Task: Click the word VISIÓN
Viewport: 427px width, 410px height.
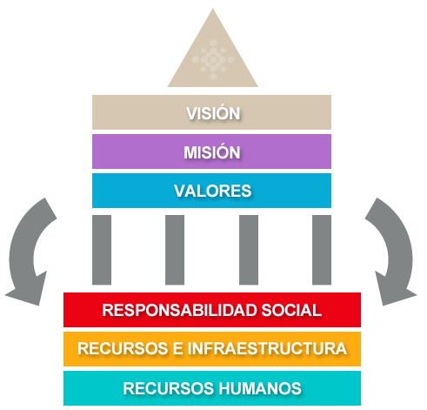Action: [x=213, y=112]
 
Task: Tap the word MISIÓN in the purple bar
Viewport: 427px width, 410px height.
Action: [x=212, y=151]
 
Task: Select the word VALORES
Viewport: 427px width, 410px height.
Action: [x=213, y=191]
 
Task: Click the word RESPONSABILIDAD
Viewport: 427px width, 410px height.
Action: [x=179, y=310]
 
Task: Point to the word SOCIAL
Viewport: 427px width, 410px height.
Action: [x=291, y=310]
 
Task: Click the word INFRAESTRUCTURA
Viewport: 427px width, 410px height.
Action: [x=267, y=348]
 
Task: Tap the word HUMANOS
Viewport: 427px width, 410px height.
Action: [x=260, y=388]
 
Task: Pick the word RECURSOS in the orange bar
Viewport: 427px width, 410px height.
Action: [x=123, y=348]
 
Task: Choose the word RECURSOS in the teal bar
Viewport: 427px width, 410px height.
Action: [x=169, y=388]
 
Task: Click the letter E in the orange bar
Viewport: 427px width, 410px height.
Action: [x=177, y=348]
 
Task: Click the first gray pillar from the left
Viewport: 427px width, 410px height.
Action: [x=102, y=250]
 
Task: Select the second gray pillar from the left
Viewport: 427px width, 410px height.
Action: [x=175, y=250]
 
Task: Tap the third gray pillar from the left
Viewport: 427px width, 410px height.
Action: [x=249, y=250]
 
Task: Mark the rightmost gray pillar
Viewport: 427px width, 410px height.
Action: [x=322, y=250]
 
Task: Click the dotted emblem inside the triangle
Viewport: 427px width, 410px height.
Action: [x=213, y=59]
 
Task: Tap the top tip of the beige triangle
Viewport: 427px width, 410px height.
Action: [x=213, y=9]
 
